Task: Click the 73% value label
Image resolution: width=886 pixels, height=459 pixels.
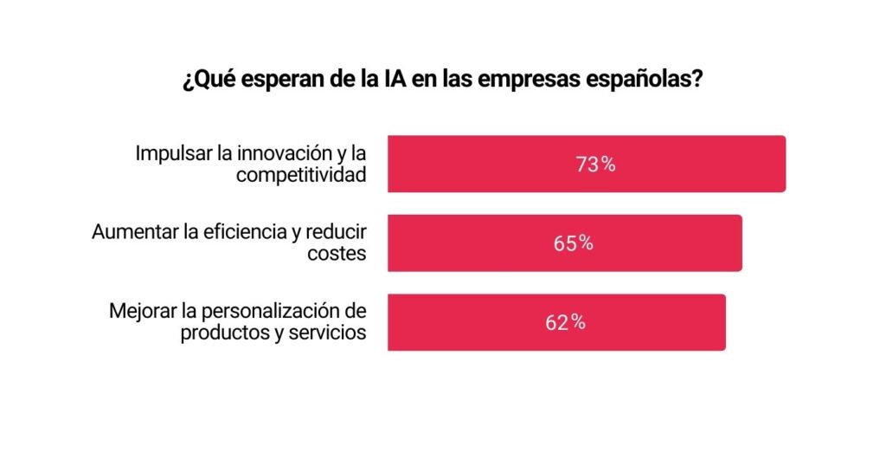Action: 595,165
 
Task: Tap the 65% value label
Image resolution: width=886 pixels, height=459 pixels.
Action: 574,243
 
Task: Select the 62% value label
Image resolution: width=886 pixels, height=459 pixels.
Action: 565,322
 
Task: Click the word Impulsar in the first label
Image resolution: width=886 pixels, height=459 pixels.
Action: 170,154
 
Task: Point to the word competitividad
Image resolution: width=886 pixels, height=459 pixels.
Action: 301,175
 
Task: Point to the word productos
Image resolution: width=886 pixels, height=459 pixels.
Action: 219,333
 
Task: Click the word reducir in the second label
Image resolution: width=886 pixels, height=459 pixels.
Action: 337,233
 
